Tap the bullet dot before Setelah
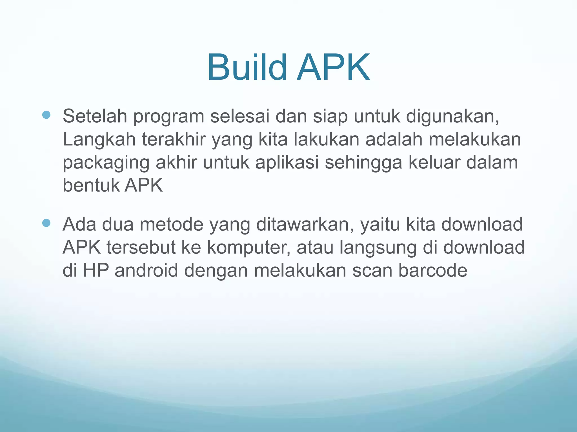[x=46, y=115]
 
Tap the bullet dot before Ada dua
[x=46, y=223]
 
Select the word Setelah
[x=95, y=116]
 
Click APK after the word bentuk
[x=144, y=186]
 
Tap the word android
[x=146, y=271]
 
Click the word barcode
[x=433, y=271]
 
